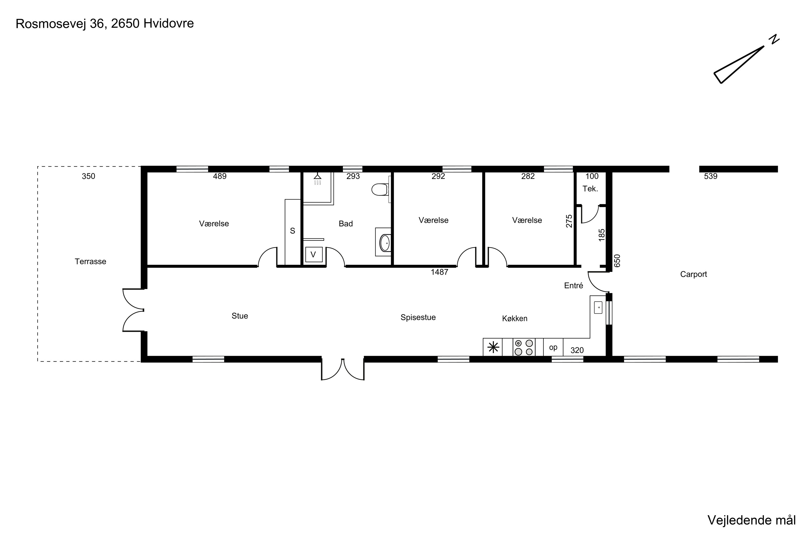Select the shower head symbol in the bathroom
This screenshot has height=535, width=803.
pyautogui.click(x=317, y=178)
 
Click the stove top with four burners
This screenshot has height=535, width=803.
pyautogui.click(x=524, y=347)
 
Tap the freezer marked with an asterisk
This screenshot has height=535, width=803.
pyautogui.click(x=493, y=347)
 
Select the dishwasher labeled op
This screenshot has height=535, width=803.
pyautogui.click(x=553, y=347)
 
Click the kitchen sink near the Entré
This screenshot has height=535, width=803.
pyautogui.click(x=598, y=307)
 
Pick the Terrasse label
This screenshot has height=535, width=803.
pyautogui.click(x=90, y=262)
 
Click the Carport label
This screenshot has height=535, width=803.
pyautogui.click(x=694, y=274)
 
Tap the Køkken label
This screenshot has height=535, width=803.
pyautogui.click(x=515, y=319)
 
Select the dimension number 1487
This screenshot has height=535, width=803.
pyautogui.click(x=440, y=272)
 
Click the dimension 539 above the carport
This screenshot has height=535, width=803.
pyautogui.click(x=711, y=176)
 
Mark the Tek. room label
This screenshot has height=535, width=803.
pyautogui.click(x=590, y=189)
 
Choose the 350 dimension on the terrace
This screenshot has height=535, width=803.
pyautogui.click(x=88, y=176)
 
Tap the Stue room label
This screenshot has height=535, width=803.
pyautogui.click(x=240, y=316)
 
